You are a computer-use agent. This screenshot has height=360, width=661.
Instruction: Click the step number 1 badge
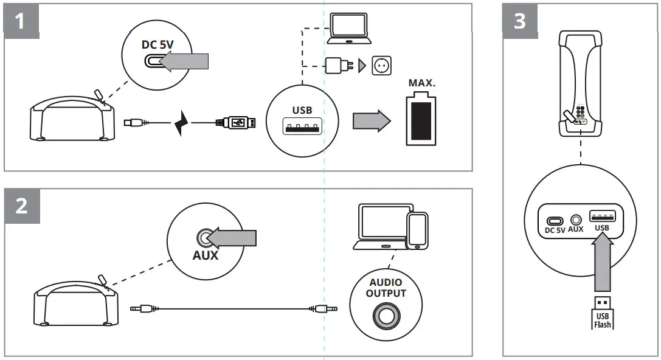(x=22, y=21)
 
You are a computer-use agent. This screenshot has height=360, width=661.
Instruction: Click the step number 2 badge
(x=22, y=206)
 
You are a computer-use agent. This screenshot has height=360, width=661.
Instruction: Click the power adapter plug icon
(x=336, y=65)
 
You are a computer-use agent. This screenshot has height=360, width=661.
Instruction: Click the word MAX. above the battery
(x=421, y=82)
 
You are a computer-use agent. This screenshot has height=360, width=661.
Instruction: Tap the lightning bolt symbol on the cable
(x=181, y=123)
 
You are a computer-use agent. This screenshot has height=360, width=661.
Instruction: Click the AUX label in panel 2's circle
(x=205, y=256)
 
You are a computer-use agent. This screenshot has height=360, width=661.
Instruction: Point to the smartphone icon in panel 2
(x=417, y=230)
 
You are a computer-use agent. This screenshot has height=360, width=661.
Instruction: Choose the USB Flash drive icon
(x=602, y=311)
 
